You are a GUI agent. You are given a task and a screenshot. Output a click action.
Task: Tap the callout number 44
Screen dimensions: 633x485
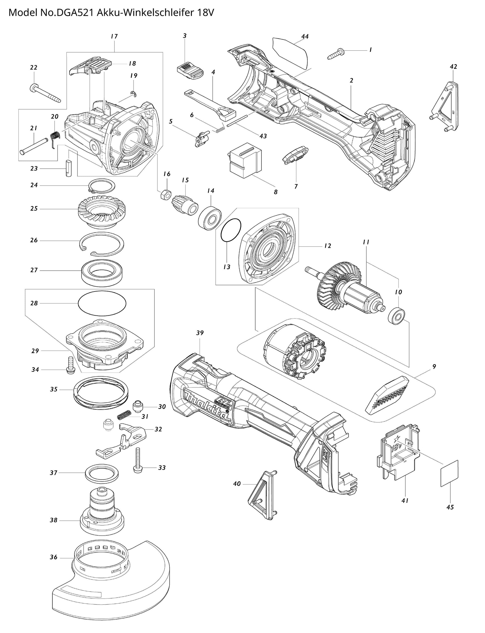pyautogui.click(x=305, y=36)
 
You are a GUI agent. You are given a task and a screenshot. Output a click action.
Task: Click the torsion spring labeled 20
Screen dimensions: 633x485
pyautogui.click(x=55, y=138)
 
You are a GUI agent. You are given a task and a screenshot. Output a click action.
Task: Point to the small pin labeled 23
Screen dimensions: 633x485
pyautogui.click(x=69, y=168)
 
